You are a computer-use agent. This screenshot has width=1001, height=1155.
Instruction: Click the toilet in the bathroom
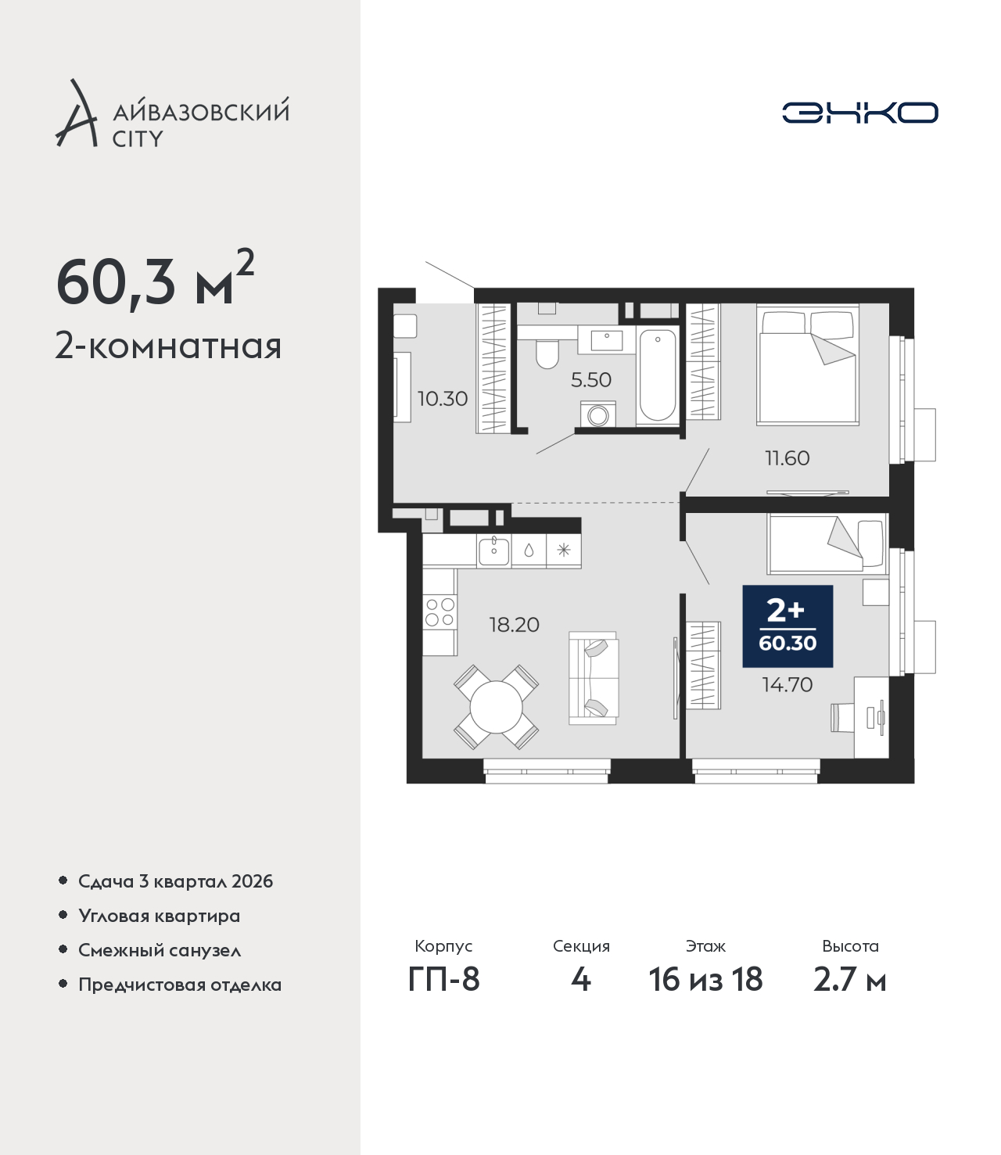click(547, 354)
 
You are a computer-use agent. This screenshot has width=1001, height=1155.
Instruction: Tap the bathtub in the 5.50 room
click(657, 375)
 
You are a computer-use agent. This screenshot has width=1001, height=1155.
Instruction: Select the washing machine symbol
click(598, 414)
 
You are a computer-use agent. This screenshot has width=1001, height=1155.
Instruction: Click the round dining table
click(496, 707)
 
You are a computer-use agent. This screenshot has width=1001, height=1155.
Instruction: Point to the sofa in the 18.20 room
click(594, 678)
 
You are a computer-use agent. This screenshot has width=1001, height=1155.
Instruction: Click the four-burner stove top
click(440, 612)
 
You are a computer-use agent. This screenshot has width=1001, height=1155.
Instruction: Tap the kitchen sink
click(493, 551)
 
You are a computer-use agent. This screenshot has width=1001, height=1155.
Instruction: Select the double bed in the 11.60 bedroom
click(808, 364)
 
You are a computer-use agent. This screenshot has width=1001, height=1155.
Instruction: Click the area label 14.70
click(787, 684)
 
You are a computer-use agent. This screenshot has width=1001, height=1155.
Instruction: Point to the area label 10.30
click(442, 398)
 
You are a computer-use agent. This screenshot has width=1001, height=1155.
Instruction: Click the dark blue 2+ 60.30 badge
click(788, 626)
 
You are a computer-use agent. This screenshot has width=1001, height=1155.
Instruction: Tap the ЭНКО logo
click(859, 113)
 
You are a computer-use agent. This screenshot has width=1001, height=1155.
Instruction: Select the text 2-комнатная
click(168, 346)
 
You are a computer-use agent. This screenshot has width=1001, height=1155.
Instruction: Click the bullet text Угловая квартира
click(160, 916)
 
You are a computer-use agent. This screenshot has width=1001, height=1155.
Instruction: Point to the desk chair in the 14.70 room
click(841, 717)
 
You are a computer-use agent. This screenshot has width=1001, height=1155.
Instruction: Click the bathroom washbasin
click(606, 340)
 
